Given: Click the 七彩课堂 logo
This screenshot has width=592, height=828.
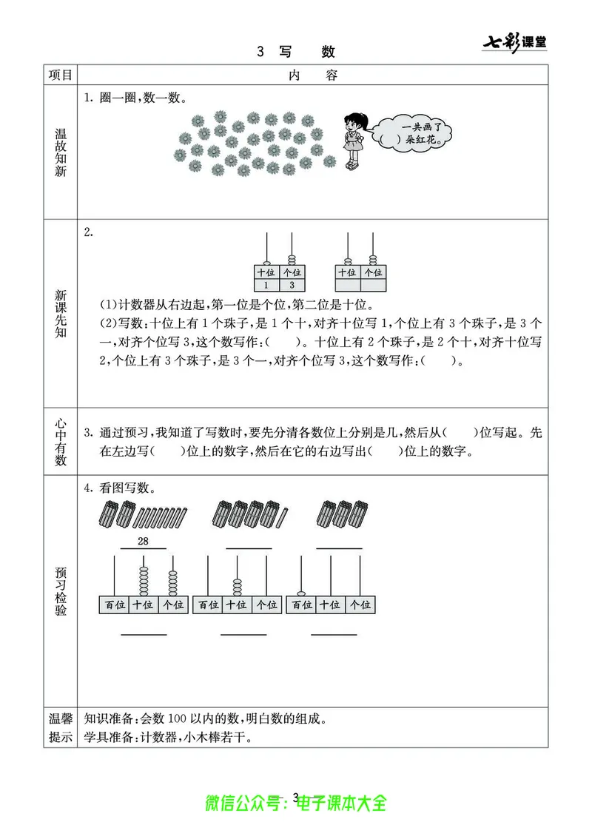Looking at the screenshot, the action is pos(514,43).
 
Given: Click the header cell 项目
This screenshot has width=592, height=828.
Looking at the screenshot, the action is pos(61,75).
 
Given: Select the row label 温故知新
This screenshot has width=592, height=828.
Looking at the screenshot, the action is pos(61,152).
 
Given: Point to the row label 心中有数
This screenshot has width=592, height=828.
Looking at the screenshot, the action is pos(61,441).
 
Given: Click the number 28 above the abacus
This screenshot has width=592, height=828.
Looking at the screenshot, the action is pos(143,542).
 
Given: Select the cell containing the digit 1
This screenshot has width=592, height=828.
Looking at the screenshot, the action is pos(266,285).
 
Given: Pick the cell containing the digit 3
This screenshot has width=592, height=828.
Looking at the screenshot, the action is pos(292,285).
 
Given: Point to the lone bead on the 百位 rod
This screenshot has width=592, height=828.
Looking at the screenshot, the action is pos(301,592).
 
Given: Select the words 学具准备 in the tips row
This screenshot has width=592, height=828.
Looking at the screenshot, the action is pos(107,738).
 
